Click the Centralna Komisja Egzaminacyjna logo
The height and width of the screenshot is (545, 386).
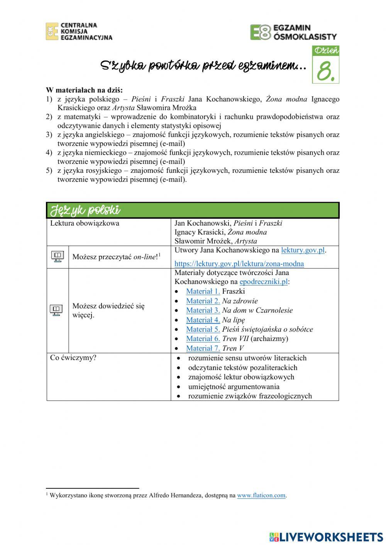coord(79,31)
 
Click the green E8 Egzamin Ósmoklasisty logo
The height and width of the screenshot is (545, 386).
coord(293,32)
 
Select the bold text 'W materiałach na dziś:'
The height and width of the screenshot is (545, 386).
coord(84,90)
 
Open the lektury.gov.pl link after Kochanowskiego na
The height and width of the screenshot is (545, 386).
coord(303,250)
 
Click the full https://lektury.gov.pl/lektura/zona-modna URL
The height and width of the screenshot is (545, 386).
coord(239,264)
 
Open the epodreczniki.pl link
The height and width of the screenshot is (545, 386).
coord(264,282)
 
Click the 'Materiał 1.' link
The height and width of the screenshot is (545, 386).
coord(203,292)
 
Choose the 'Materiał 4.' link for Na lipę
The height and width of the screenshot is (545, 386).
coord(203,320)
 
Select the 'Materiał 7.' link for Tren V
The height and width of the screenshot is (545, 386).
coord(203,348)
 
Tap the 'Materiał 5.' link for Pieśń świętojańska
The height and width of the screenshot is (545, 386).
coord(203,329)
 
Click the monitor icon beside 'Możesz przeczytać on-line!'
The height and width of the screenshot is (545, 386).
coord(58,256)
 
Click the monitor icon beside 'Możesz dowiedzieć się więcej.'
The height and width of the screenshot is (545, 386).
coord(56,310)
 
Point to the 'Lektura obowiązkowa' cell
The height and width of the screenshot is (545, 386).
coord(85,223)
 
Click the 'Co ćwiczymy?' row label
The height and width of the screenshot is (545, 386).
coord(73,358)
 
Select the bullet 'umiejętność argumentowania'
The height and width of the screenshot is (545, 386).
coord(234,386)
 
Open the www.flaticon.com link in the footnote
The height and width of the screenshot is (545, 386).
coord(261,496)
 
